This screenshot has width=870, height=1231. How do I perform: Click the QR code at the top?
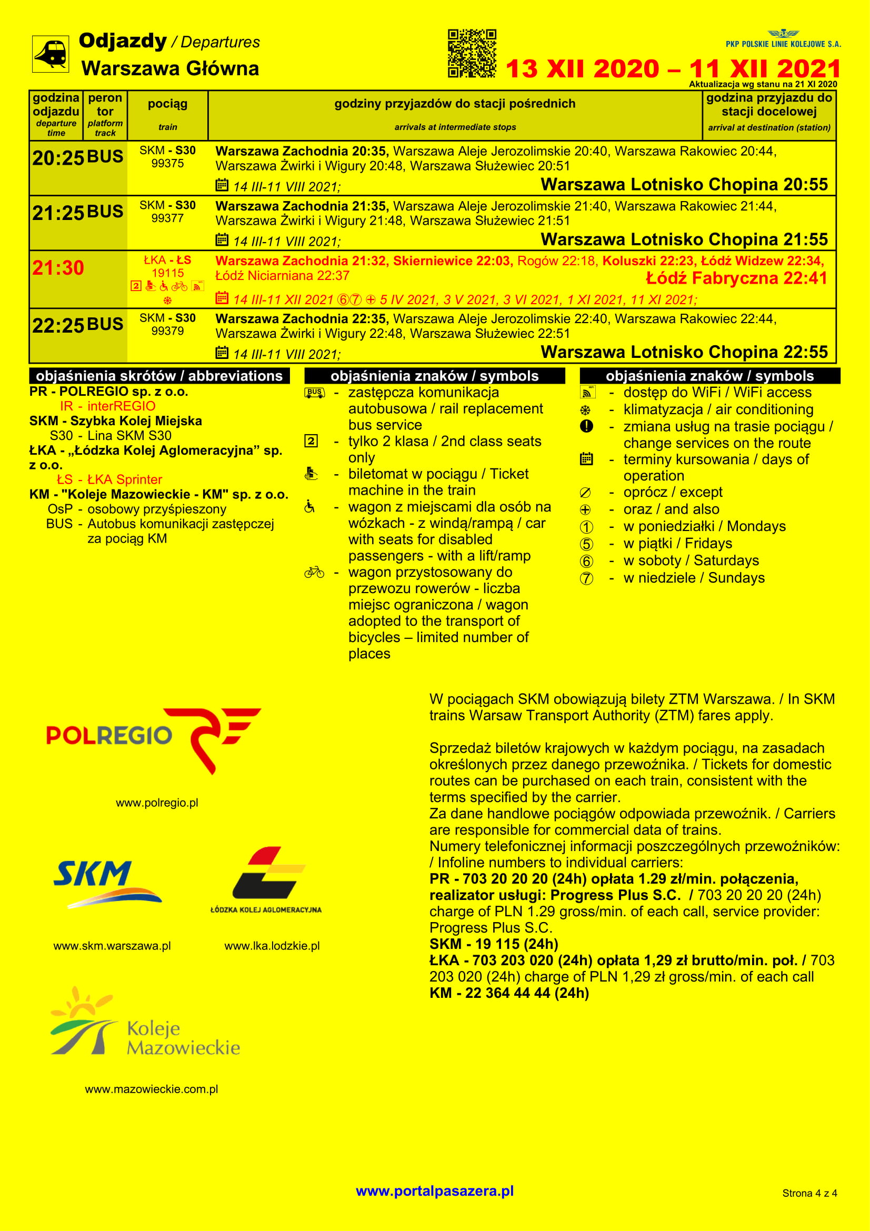(x=472, y=53)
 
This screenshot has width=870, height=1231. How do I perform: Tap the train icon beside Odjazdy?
(x=51, y=54)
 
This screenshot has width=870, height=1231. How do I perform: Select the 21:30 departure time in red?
(x=58, y=267)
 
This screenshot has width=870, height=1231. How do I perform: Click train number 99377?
(x=167, y=218)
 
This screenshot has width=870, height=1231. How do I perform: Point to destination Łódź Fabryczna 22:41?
(x=736, y=278)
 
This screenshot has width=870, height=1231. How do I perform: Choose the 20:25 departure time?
(x=58, y=158)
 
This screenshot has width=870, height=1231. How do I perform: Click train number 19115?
(x=167, y=274)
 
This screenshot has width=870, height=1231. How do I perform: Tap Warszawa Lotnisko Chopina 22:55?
(x=684, y=352)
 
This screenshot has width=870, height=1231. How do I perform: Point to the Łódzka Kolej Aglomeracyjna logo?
(x=266, y=879)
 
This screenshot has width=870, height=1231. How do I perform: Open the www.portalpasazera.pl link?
(x=435, y=1191)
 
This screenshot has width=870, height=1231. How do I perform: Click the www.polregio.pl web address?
(x=157, y=803)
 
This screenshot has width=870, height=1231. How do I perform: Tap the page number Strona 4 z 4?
(x=809, y=1193)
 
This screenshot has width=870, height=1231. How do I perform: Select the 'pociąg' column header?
(x=167, y=104)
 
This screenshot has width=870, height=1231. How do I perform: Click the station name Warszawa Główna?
(x=170, y=68)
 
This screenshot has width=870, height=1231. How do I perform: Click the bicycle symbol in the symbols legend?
(x=314, y=573)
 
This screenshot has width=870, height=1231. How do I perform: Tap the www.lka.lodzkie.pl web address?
(x=272, y=946)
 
